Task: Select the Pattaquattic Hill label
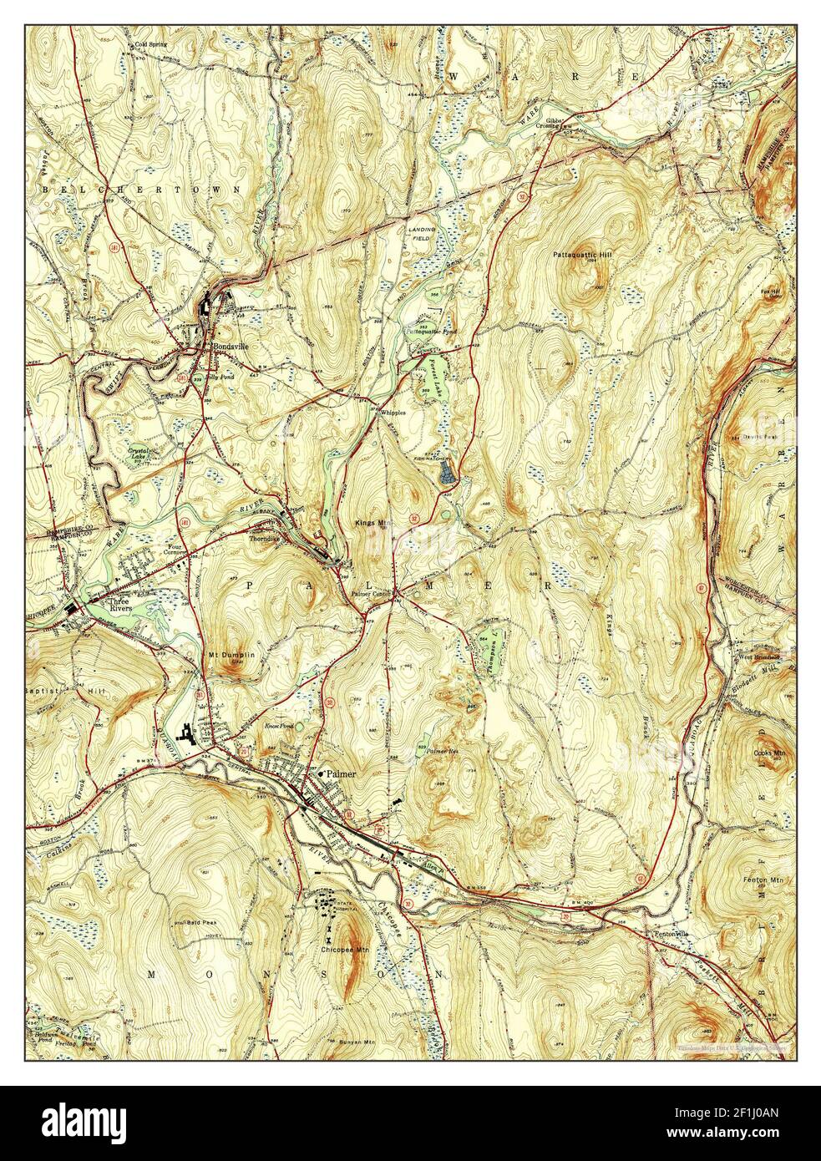click(576, 253)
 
